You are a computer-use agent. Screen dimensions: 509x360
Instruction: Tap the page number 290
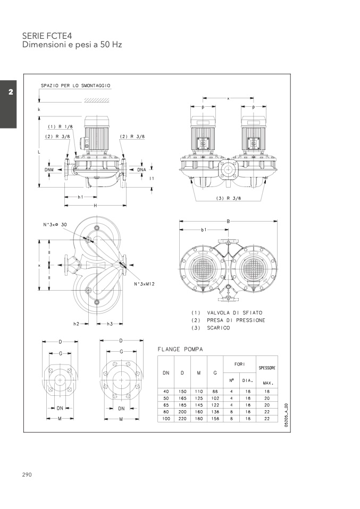click(27, 474)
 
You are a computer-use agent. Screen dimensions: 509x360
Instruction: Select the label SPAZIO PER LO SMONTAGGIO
click(76, 86)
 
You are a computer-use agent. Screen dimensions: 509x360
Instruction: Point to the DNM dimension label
click(49, 169)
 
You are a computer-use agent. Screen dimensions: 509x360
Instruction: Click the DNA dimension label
click(141, 169)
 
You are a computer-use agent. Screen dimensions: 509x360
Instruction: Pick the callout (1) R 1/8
click(60, 126)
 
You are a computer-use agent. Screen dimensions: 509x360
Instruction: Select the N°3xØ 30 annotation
click(56, 225)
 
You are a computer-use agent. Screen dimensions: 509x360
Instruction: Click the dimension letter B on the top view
click(228, 221)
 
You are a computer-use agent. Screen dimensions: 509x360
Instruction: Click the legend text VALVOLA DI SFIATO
click(234, 312)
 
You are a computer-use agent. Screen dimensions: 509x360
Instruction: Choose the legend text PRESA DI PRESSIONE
click(236, 320)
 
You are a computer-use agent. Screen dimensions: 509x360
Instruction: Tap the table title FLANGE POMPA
click(180, 349)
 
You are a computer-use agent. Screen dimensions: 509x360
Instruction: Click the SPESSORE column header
click(266, 368)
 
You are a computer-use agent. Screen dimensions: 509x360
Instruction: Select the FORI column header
click(239, 364)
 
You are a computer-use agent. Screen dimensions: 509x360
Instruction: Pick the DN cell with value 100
click(166, 419)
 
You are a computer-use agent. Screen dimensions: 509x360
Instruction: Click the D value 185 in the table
click(182, 405)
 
